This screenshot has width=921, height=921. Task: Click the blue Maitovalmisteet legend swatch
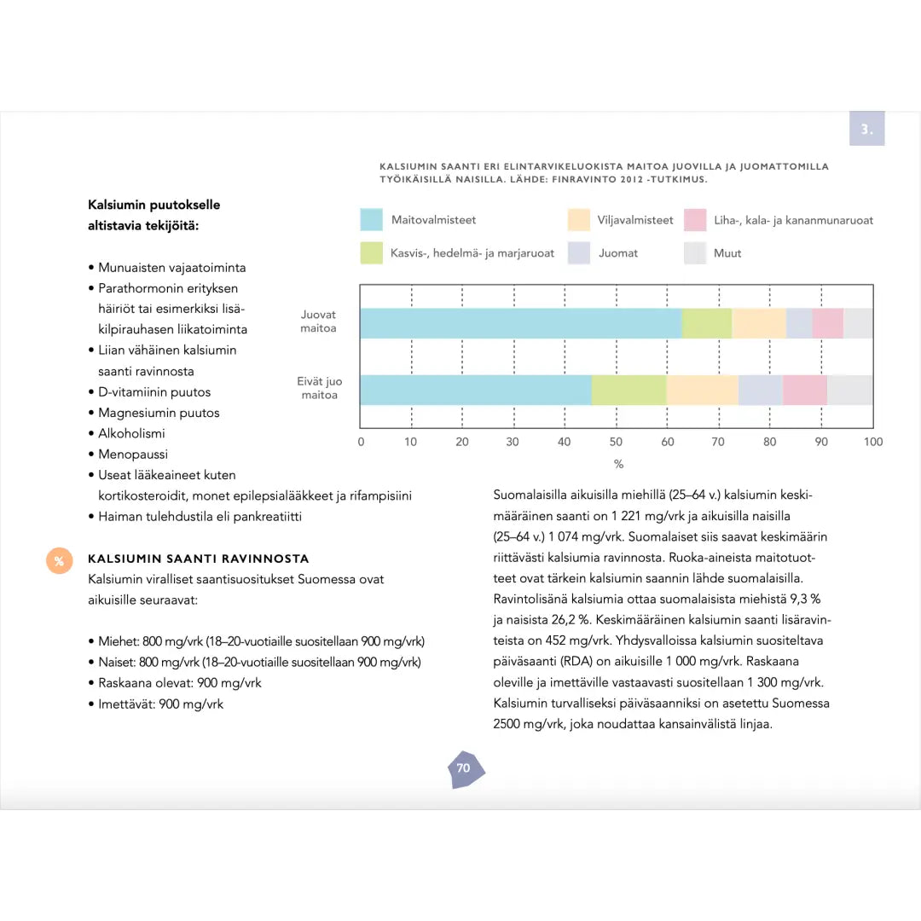coord(371,220)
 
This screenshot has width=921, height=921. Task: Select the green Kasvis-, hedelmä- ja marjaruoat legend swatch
coord(371,253)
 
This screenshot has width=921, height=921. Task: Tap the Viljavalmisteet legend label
coord(635,220)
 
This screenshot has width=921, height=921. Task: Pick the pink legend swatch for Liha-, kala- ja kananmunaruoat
coord(695,220)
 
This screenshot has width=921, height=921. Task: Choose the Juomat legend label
coord(618,253)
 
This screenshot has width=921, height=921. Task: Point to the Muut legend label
coord(727,253)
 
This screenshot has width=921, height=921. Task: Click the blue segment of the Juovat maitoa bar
coord(520,323)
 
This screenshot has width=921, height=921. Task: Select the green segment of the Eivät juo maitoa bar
coord(628,390)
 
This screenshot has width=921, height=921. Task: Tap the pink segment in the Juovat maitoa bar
coord(827,323)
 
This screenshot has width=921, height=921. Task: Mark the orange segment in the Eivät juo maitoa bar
coord(702,390)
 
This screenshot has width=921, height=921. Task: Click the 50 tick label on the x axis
coord(616,442)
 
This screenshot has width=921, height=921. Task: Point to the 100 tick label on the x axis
coord(873,442)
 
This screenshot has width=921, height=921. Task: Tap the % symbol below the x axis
coord(619,464)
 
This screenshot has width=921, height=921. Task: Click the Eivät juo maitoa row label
coord(319,389)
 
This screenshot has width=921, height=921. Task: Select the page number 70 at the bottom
coord(463,767)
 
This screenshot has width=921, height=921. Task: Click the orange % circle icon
coord(59,561)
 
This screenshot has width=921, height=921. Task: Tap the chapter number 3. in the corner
coord(866,130)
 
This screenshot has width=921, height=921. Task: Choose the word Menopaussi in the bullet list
coord(133,455)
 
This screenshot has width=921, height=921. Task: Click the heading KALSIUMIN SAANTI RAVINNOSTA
coord(199,559)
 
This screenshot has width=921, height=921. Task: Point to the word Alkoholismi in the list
coord(131,433)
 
